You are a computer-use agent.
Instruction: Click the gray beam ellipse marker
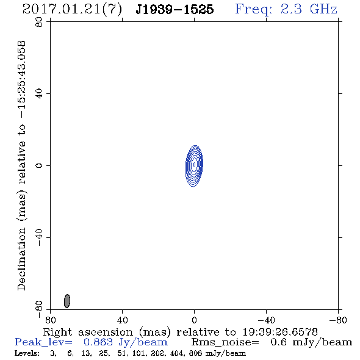(67, 301)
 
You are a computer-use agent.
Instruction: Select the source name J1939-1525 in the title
(175, 9)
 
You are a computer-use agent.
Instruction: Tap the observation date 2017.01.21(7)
(72, 10)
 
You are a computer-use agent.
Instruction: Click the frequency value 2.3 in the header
(291, 9)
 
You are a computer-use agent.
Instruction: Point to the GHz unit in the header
(323, 9)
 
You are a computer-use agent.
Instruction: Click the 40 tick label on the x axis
(122, 320)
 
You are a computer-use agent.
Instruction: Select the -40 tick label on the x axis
(266, 320)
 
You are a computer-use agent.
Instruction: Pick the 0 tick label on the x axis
(194, 320)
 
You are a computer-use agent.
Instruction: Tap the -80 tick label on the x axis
(338, 320)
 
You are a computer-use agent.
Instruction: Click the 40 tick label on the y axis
(39, 94)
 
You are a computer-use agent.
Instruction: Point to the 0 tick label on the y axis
(39, 165)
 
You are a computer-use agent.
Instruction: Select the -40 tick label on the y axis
(39, 237)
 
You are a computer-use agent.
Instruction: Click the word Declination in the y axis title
(21, 259)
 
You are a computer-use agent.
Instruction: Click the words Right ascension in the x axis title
(88, 332)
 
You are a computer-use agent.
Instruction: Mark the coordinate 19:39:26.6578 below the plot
(280, 332)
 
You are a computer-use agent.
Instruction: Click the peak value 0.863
(98, 342)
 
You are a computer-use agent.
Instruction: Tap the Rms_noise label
(225, 342)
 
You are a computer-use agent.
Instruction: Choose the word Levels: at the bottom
(27, 353)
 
